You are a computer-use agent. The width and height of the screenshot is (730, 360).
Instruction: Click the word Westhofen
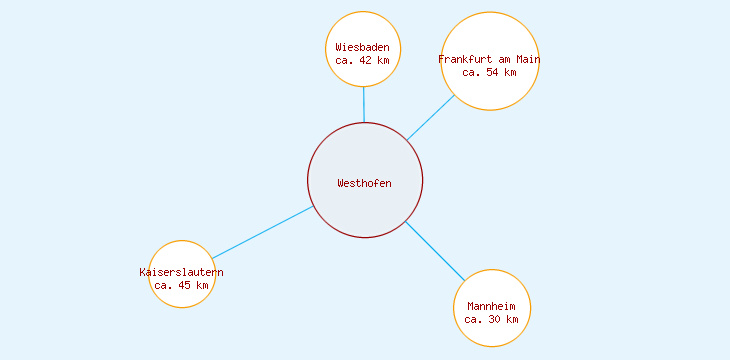[x=365, y=183]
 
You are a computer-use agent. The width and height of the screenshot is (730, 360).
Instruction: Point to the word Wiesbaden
[x=363, y=47]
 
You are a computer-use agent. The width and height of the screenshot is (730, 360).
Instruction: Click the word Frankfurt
[x=466, y=59]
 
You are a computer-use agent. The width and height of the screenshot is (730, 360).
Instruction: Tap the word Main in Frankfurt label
[x=527, y=59]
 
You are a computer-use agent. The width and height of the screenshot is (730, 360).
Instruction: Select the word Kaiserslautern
[x=181, y=272]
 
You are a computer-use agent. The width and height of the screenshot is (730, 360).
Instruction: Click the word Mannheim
[x=491, y=306]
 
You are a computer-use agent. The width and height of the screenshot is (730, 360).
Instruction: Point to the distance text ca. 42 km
[x=363, y=60]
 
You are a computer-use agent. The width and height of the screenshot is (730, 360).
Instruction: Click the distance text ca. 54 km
[x=490, y=72]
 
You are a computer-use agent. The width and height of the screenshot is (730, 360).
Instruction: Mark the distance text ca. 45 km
[x=182, y=285]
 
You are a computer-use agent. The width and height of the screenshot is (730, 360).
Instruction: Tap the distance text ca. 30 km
[x=491, y=319]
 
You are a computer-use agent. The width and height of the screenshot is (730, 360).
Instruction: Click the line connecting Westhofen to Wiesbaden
[x=364, y=105]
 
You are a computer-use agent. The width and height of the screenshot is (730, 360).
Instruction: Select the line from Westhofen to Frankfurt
[x=430, y=118]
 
